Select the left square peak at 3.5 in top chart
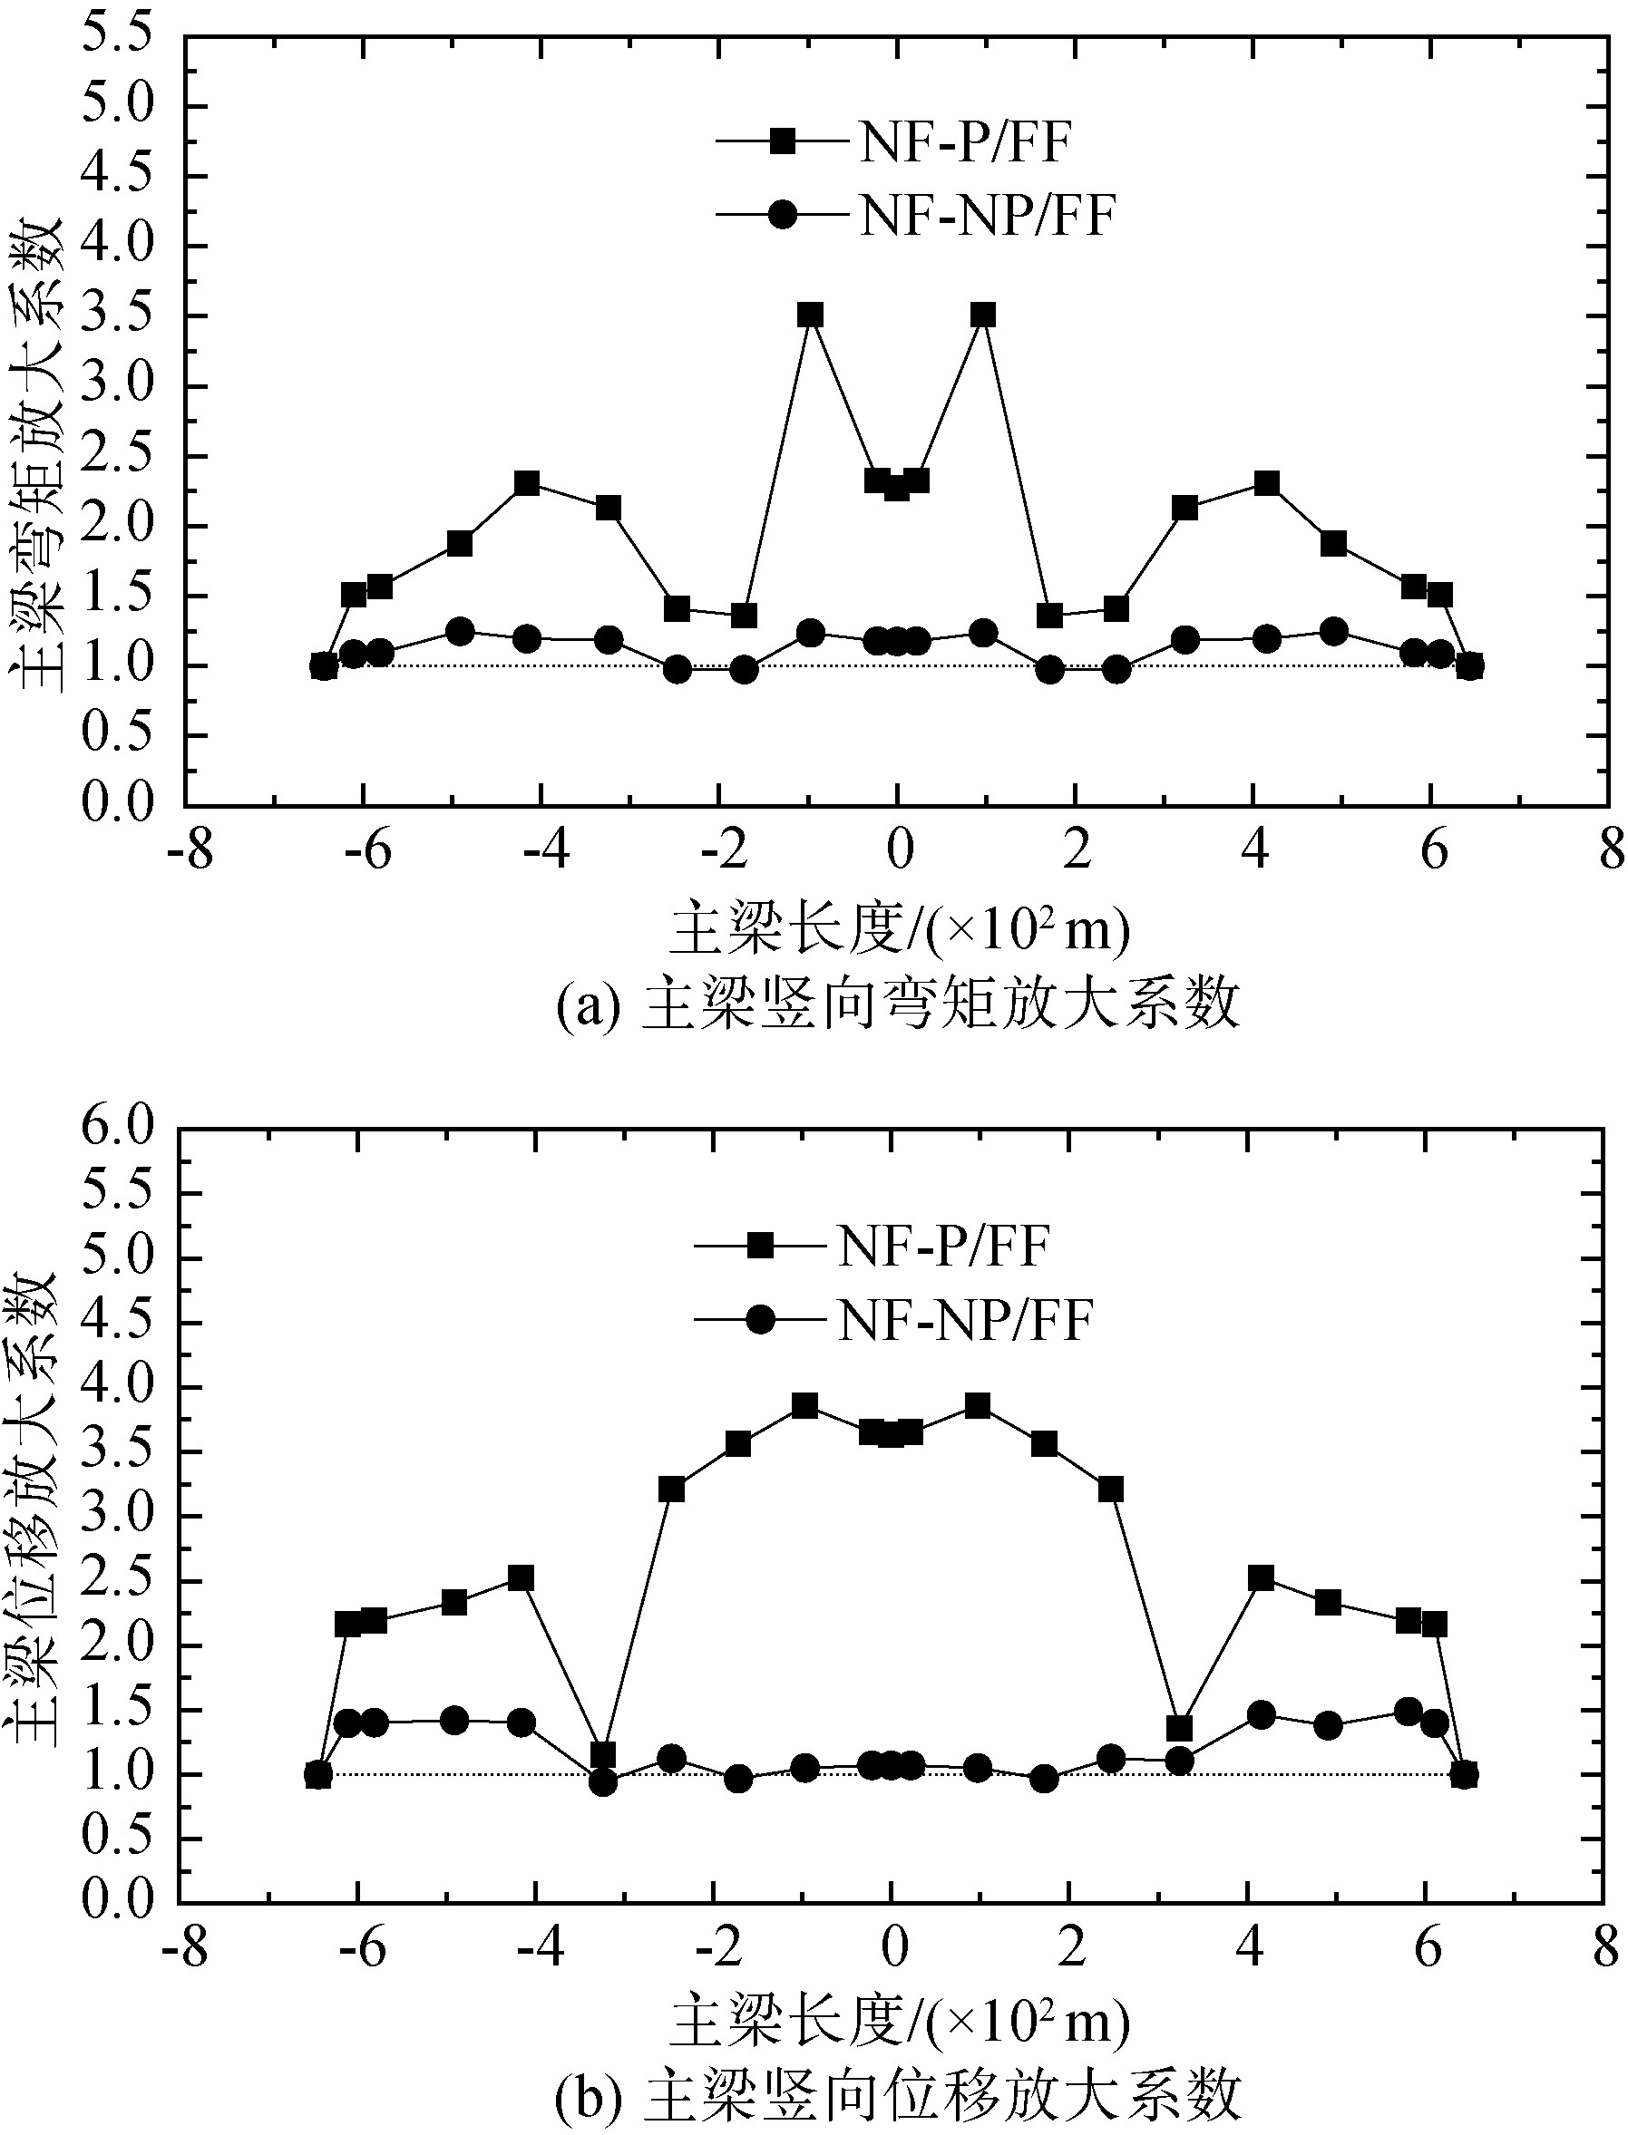click(810, 315)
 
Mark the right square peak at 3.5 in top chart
click(983, 315)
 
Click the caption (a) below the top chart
click(896, 1004)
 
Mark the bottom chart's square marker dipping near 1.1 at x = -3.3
click(602, 1754)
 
